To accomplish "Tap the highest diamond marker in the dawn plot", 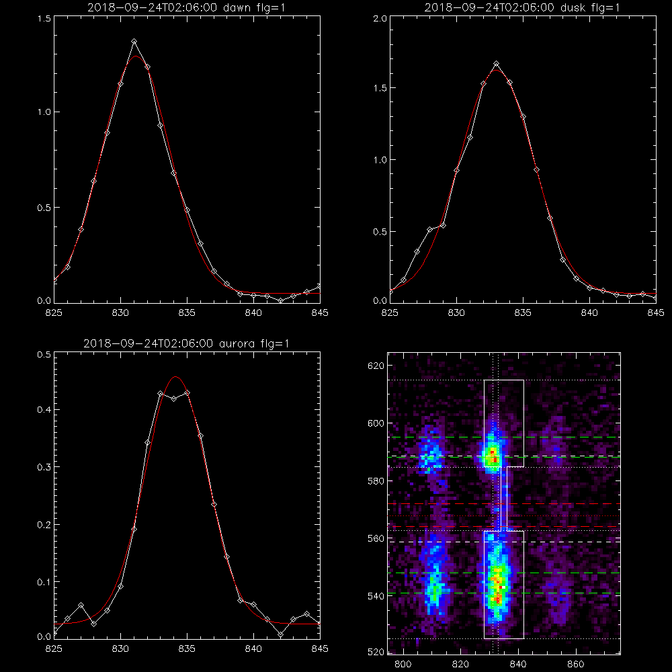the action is [x=134, y=42].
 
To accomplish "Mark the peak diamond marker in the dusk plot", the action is [x=497, y=64].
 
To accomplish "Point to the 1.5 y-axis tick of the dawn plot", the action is [x=44, y=19].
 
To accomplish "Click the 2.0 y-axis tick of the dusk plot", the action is [x=380, y=19].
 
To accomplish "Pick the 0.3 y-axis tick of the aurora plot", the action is [x=44, y=467].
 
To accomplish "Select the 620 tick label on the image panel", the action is [x=376, y=366].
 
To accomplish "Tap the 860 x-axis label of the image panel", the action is [x=576, y=665].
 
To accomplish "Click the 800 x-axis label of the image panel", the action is [x=403, y=665].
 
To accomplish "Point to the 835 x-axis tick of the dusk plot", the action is [x=523, y=313].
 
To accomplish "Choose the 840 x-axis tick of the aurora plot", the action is [x=254, y=649].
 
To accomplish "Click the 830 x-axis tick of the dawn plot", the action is [x=120, y=313].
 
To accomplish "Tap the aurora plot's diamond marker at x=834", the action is [x=173, y=398].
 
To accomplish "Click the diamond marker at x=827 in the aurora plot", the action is [x=81, y=605].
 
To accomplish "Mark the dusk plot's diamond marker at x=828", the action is [x=430, y=230].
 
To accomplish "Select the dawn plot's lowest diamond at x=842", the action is [x=280, y=301].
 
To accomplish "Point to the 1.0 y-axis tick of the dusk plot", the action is [x=380, y=160].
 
